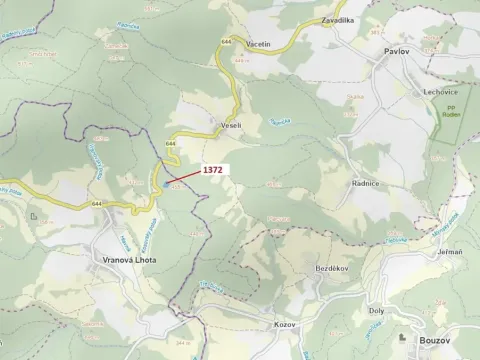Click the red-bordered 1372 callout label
213,170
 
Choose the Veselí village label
231,125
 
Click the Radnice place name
364,183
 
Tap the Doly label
377,310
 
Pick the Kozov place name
286,325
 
